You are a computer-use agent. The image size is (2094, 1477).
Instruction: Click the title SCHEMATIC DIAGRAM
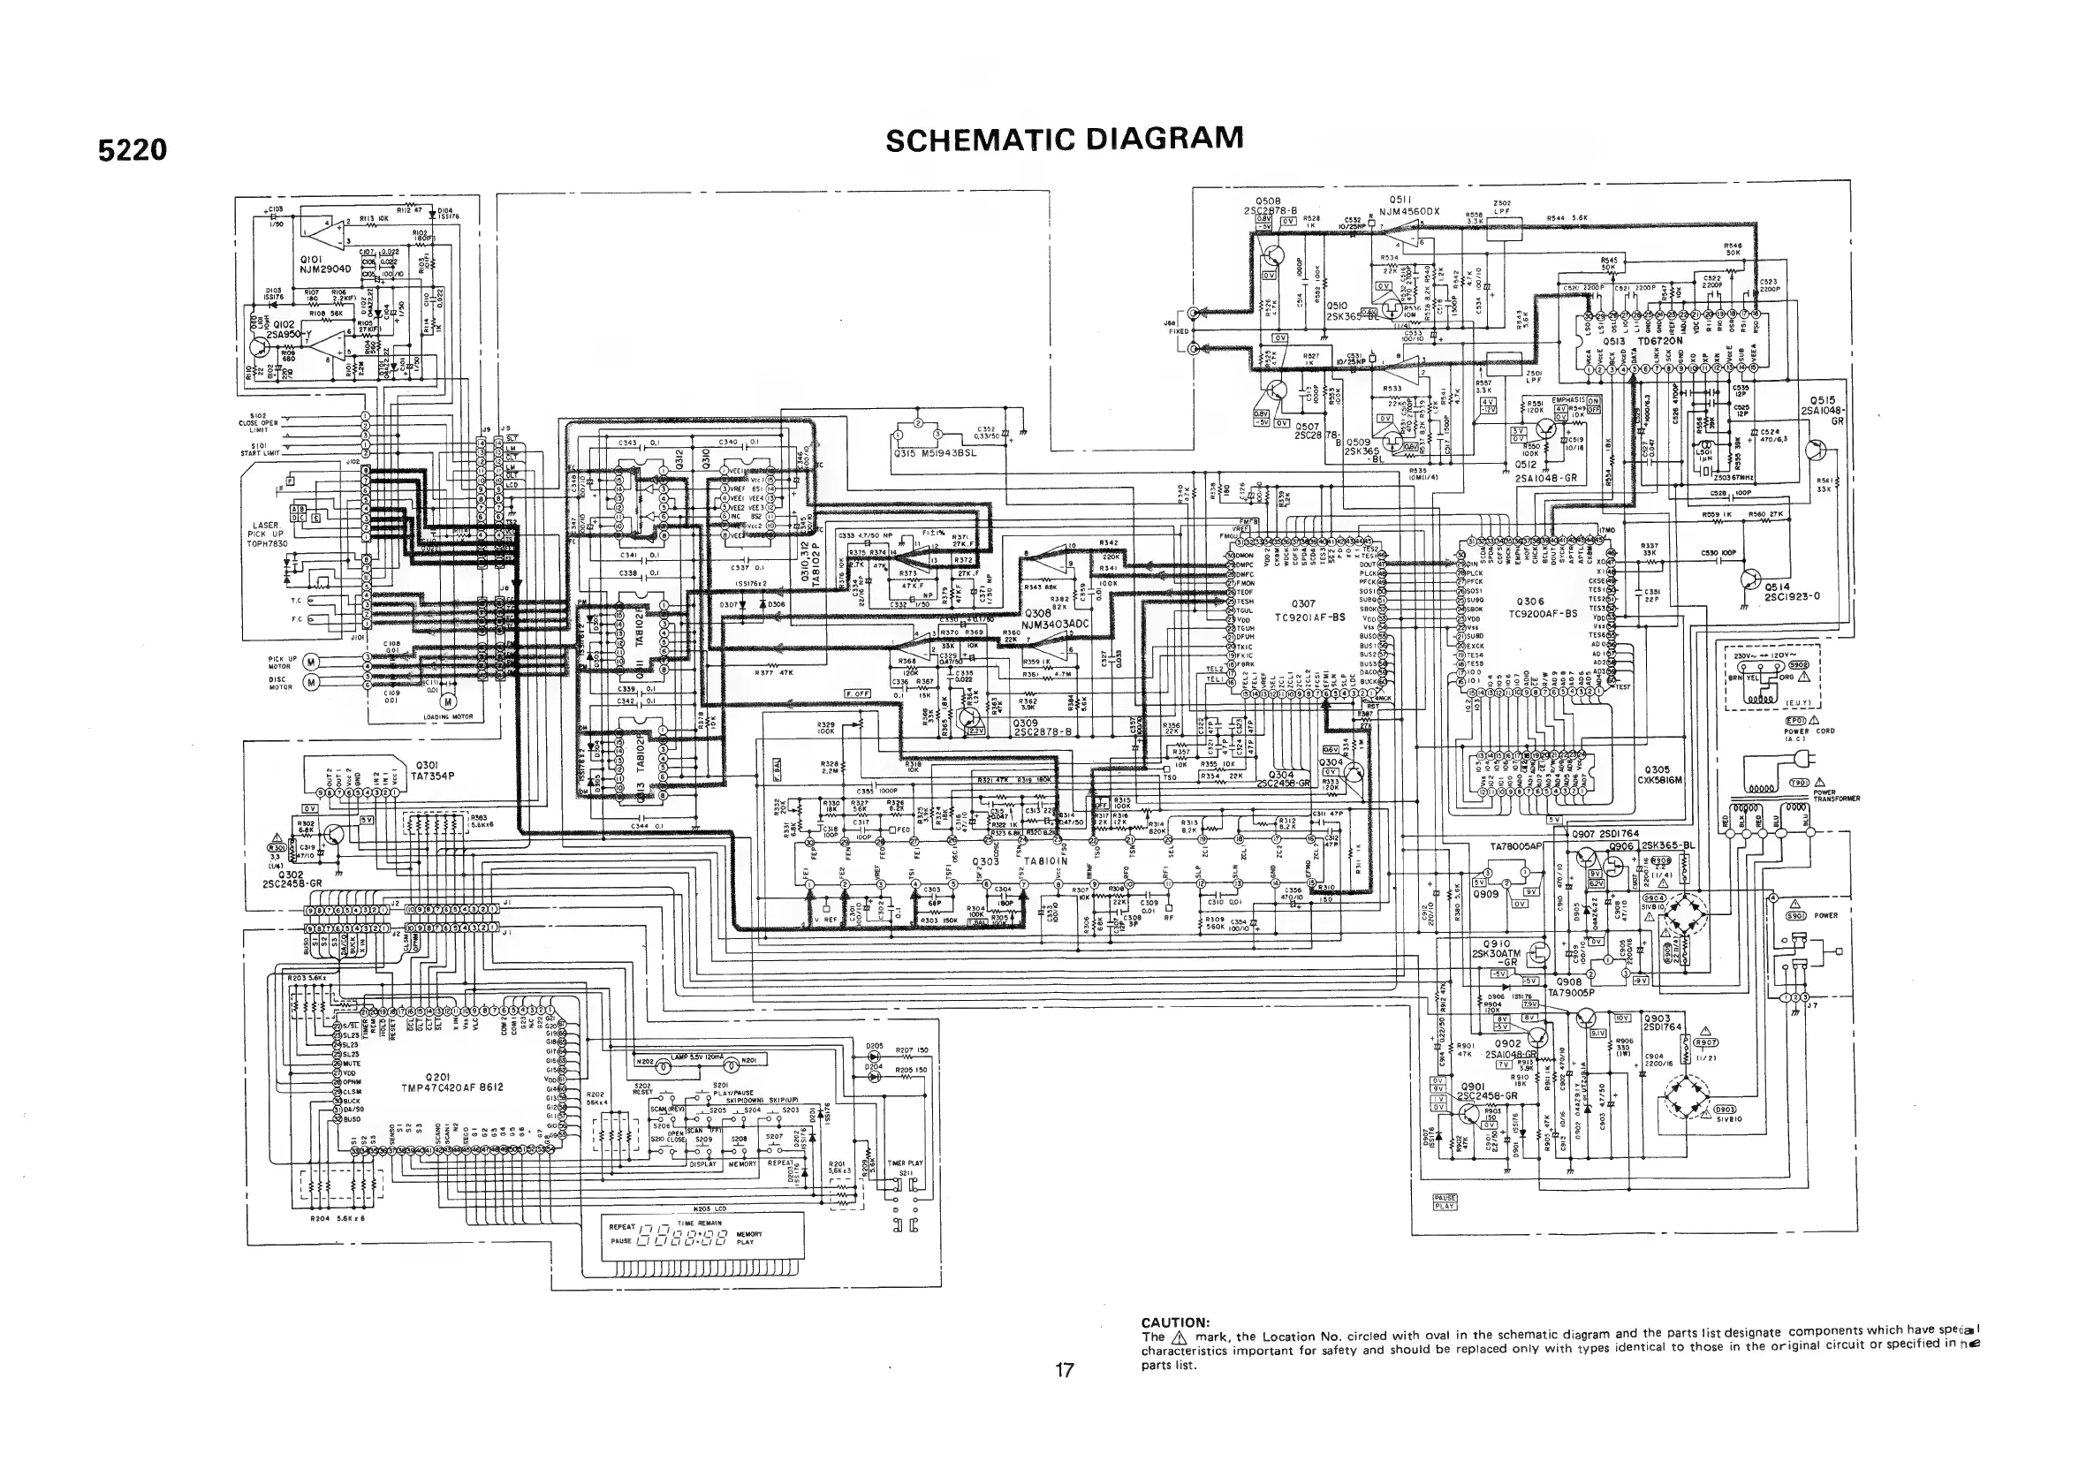(1065, 140)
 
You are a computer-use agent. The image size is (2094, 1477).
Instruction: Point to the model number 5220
(133, 149)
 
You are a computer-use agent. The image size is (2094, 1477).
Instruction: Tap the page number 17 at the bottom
(1065, 1369)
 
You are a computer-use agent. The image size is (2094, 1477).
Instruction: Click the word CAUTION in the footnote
(1175, 1322)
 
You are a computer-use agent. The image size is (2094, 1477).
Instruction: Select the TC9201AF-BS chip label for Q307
(1311, 617)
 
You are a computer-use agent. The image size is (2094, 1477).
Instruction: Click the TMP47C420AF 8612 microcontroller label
(452, 1087)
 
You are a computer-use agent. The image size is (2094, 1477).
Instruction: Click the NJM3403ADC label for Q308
(1056, 625)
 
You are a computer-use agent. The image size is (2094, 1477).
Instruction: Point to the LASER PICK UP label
(265, 534)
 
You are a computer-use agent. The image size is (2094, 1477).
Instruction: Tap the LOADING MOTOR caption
(448, 717)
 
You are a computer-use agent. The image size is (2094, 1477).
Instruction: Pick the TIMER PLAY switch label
(905, 1163)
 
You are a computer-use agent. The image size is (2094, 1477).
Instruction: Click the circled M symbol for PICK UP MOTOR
(310, 661)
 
